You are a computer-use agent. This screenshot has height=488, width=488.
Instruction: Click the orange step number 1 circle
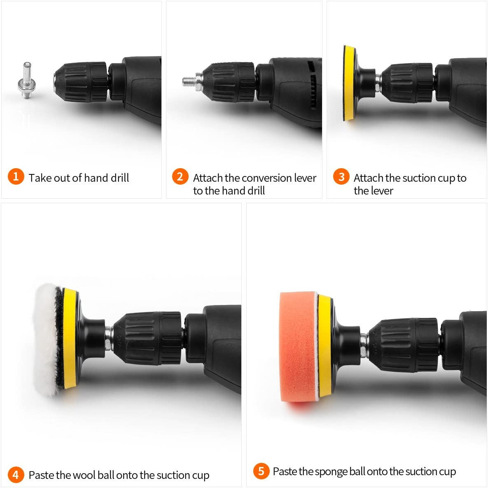coord(16,177)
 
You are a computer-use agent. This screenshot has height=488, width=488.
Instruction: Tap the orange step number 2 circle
coord(180,177)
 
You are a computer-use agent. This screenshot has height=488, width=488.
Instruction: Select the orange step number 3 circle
coord(341,177)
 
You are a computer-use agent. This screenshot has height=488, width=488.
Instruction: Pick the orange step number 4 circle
coord(16,474)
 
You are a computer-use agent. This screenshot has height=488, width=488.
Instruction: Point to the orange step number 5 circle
coord(261,471)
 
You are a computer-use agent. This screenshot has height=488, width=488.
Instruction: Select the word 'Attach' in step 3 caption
coord(369,178)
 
